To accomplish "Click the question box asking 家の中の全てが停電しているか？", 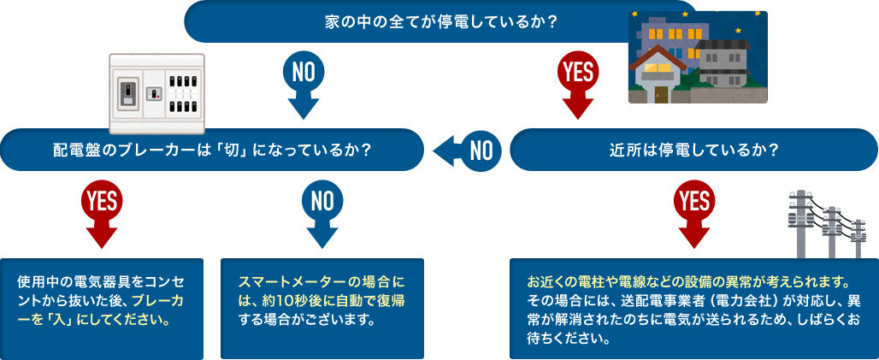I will tap(440, 21).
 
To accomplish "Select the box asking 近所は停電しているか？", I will tap(693, 150).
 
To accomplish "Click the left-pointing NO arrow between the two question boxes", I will tap(467, 150).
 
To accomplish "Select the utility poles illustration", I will tap(825, 222).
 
